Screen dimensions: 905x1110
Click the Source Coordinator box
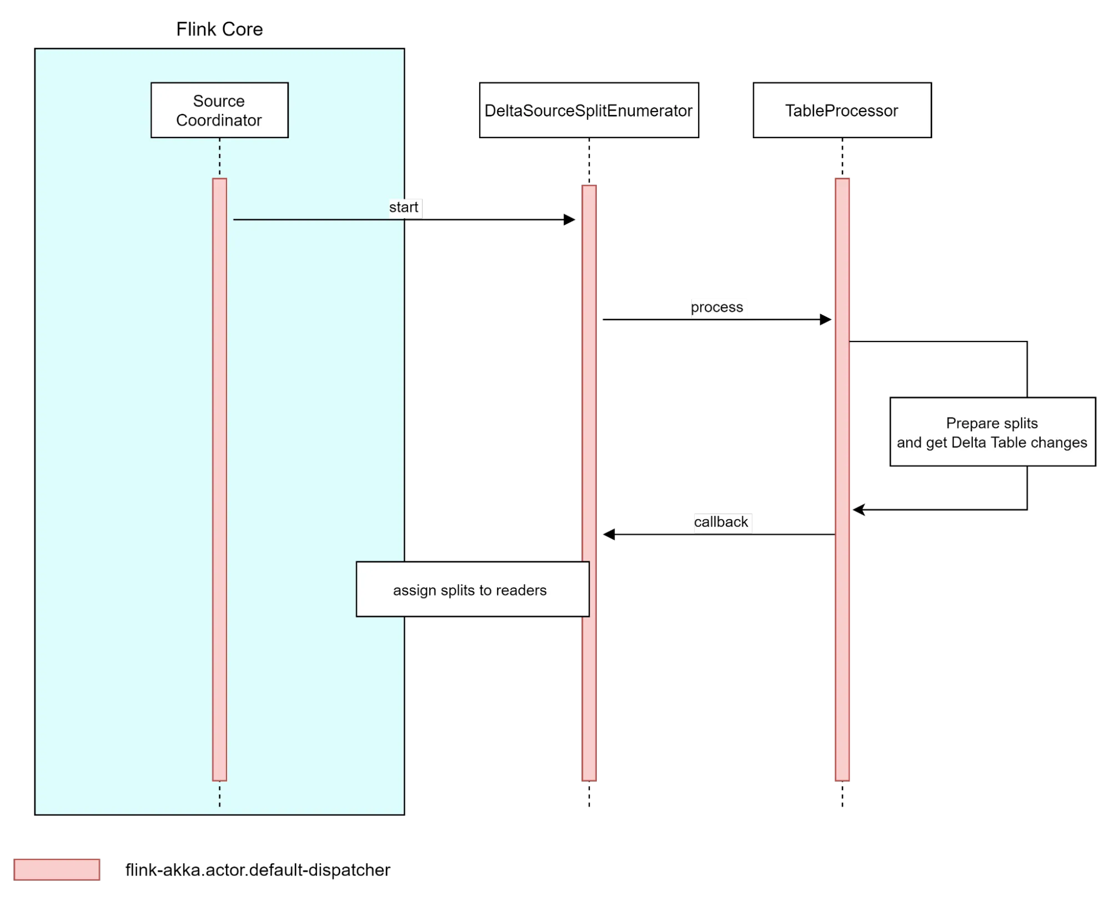coord(219,110)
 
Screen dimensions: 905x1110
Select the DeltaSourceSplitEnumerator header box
coord(589,110)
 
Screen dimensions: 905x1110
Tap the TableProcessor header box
coord(841,110)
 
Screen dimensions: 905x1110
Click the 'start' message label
coord(404,208)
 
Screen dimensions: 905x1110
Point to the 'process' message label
coord(717,307)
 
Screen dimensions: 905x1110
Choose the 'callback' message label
coord(721,522)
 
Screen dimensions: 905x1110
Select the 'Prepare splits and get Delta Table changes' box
coord(992,432)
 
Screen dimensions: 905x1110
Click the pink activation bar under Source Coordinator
coord(219,477)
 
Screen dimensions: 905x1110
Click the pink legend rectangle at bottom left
coord(57,869)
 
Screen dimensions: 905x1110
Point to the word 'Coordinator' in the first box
coord(219,120)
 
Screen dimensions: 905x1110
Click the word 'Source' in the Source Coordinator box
coord(219,101)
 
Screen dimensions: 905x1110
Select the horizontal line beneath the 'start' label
coord(317,220)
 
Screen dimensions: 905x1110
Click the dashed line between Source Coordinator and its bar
coord(219,158)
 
